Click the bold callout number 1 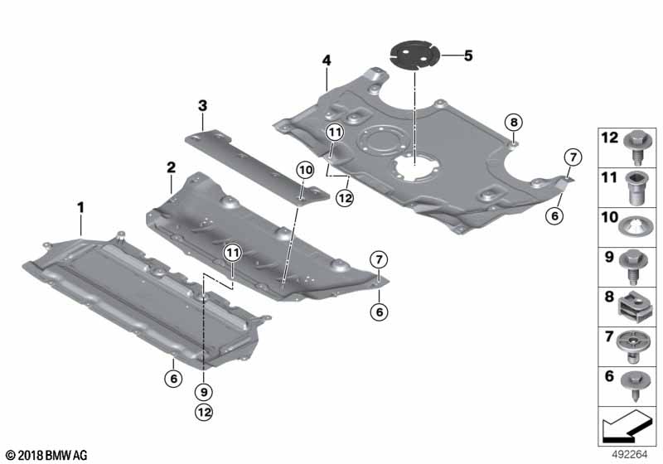tap(81, 205)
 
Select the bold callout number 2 tap(172, 167)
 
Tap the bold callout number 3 tap(201, 105)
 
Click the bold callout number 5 tap(467, 56)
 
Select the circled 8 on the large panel tap(514, 123)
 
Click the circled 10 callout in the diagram tap(305, 169)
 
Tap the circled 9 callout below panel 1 tap(203, 391)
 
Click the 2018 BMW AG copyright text tap(46, 455)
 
